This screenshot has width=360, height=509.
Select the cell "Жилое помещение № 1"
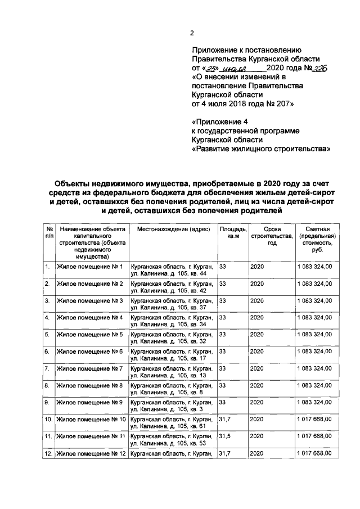coord(89,266)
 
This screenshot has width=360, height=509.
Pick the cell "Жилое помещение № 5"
coord(89,335)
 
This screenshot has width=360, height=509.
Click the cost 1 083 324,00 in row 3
coord(318,301)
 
